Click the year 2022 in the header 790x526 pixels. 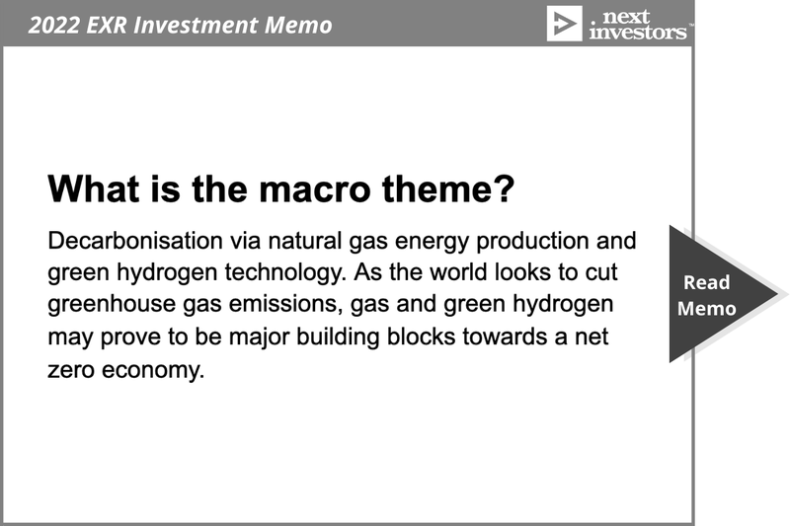click(53, 25)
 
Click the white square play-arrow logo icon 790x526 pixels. click(564, 23)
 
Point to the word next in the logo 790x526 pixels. click(626, 16)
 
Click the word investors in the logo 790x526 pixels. click(638, 32)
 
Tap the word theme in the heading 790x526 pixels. click(440, 188)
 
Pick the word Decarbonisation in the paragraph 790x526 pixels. click(135, 241)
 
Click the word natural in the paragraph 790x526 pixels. click(305, 241)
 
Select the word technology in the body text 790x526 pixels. click(285, 272)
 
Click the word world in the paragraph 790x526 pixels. click(458, 272)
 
